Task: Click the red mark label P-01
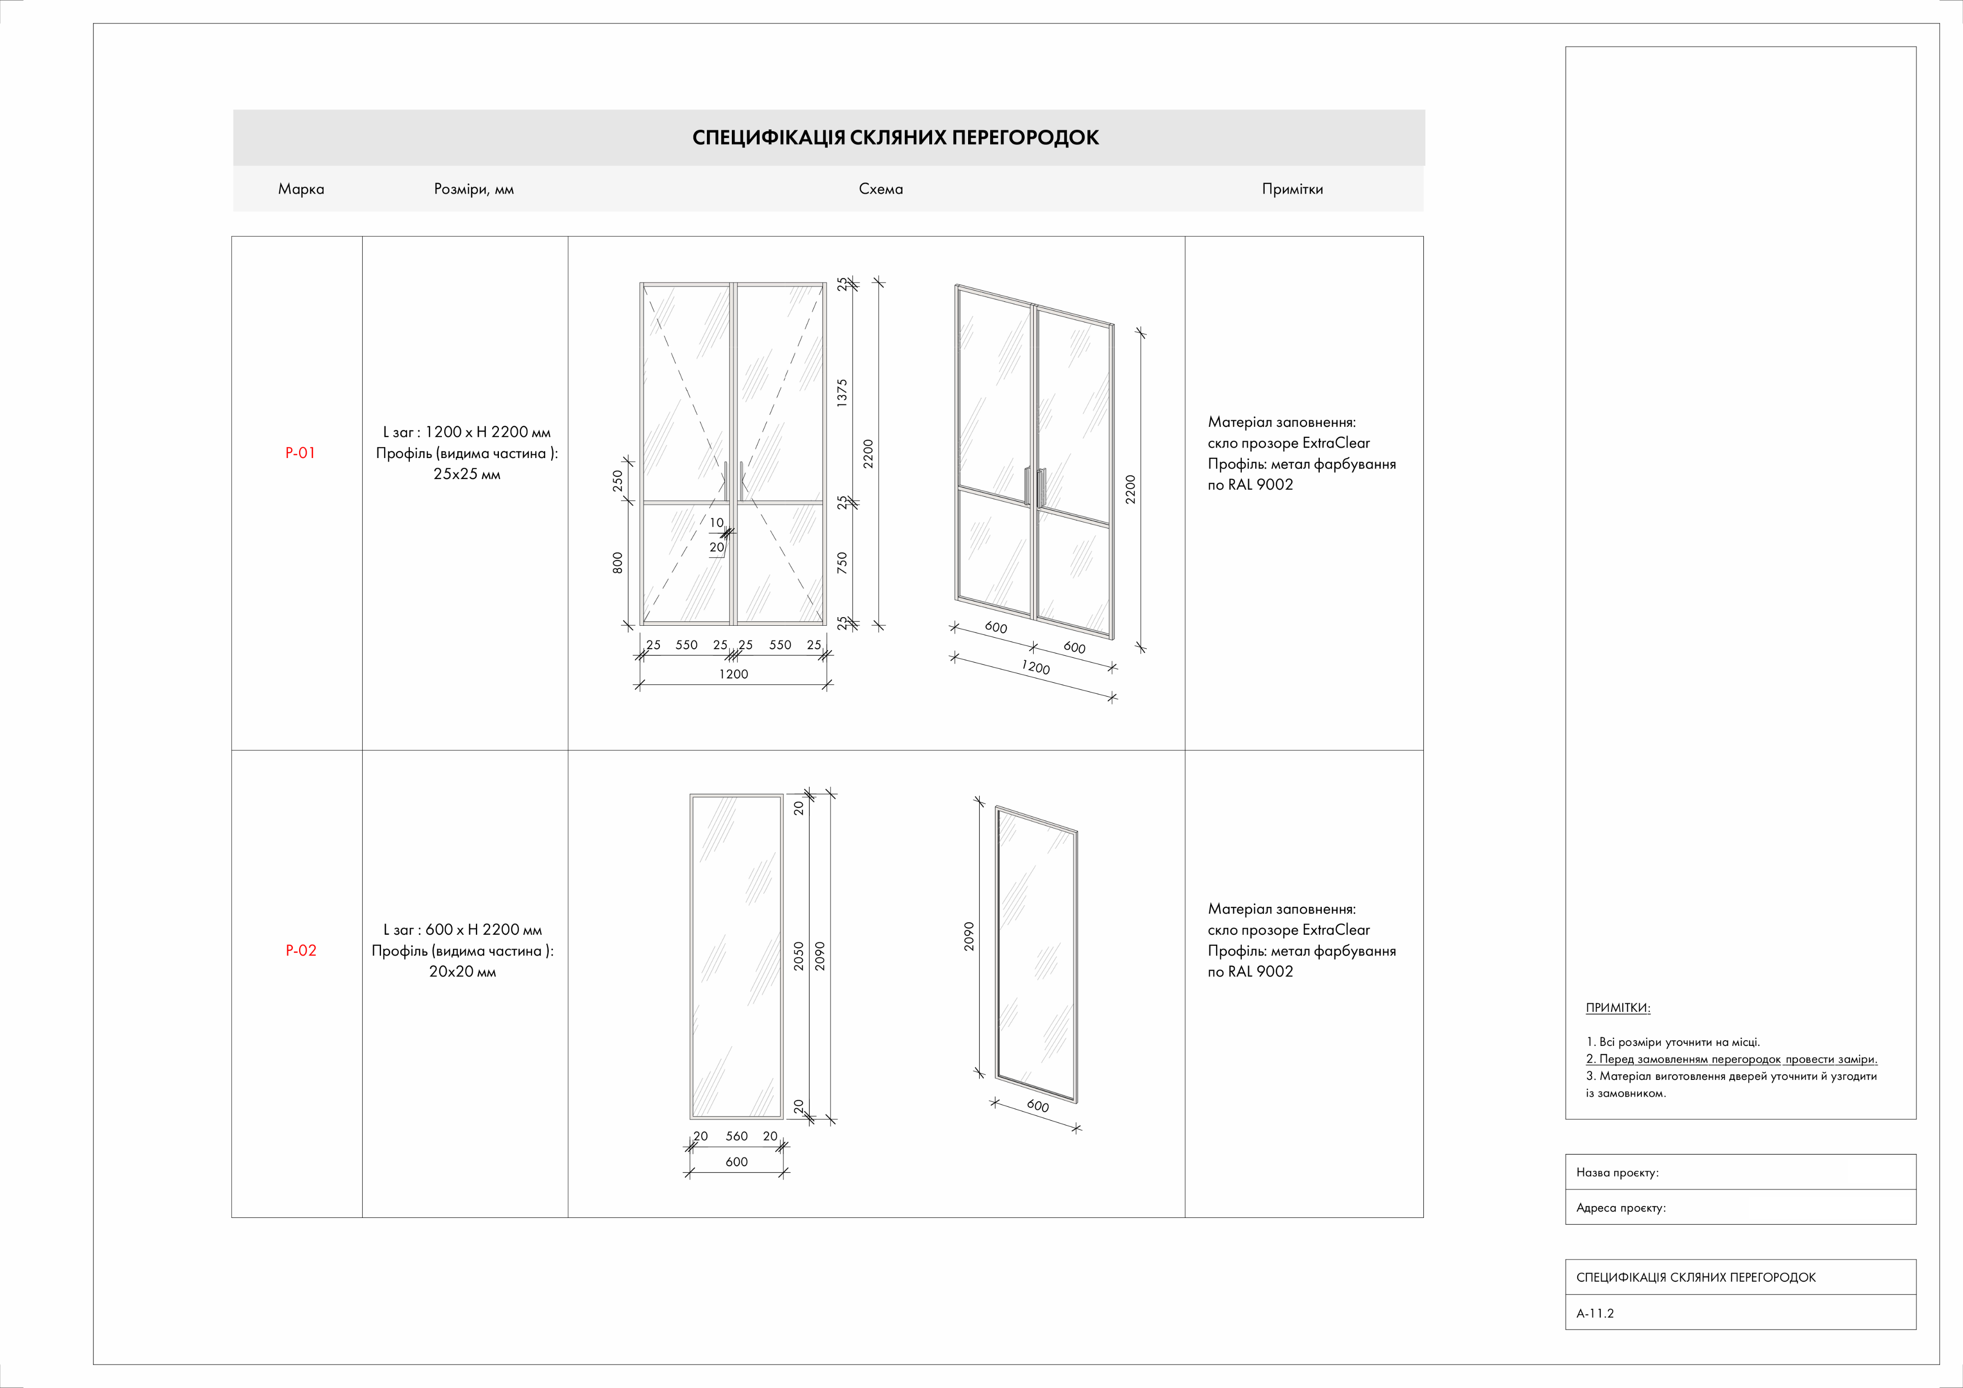click(x=300, y=453)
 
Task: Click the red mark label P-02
click(x=301, y=951)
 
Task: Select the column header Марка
click(x=301, y=189)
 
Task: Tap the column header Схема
click(x=880, y=189)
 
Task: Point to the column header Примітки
click(x=1292, y=189)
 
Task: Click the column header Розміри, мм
click(x=473, y=189)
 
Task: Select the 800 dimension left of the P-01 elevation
click(x=617, y=562)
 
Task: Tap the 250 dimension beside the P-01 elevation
click(x=617, y=481)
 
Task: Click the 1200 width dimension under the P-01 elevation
click(x=733, y=674)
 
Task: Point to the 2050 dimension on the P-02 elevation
click(x=798, y=955)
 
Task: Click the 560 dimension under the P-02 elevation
click(x=736, y=1136)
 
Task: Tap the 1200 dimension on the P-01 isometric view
click(x=1035, y=667)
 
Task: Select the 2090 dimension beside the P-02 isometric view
click(x=969, y=936)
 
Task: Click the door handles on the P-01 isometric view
click(x=1035, y=487)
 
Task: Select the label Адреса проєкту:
click(x=1620, y=1208)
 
